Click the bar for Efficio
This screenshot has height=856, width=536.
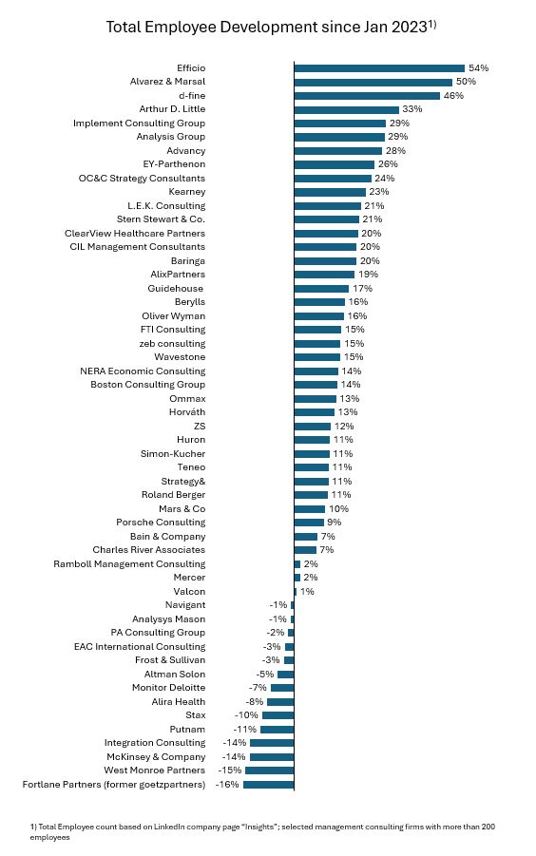379,68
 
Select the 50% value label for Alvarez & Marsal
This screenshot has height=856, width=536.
466,82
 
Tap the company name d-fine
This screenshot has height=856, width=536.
192,96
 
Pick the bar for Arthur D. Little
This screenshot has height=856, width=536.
347,109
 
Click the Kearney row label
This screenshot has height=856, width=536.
187,192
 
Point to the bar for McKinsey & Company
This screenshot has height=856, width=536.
272,756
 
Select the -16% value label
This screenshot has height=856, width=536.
227,785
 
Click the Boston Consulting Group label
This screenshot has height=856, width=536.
148,385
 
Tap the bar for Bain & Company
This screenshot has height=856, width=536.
306,536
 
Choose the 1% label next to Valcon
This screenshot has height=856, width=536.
307,591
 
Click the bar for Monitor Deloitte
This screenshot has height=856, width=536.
282,688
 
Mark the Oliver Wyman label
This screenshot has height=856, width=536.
174,316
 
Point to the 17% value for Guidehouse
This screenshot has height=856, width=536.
362,288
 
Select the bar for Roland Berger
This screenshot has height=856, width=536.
312,495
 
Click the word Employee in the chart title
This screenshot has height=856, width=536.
185,28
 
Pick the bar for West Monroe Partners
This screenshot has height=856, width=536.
270,770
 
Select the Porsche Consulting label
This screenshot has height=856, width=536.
161,523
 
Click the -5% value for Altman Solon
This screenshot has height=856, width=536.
265,675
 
